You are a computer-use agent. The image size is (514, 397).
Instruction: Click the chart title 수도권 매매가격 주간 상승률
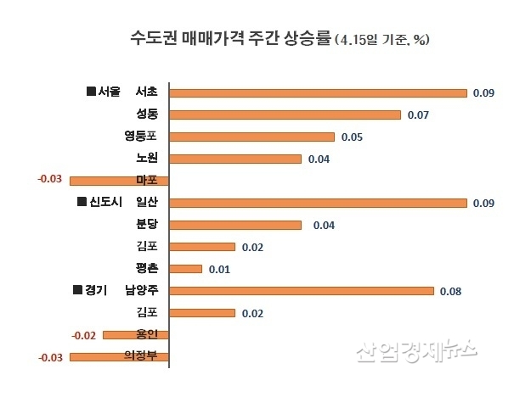pyautogui.click(x=230, y=38)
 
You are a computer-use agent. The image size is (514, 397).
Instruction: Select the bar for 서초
pyautogui.click(x=319, y=92)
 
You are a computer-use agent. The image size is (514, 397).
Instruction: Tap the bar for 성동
pyautogui.click(x=285, y=115)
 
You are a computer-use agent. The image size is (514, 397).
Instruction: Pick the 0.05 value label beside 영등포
pyautogui.click(x=352, y=137)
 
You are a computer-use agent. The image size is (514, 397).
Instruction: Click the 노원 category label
pyautogui.click(x=146, y=159)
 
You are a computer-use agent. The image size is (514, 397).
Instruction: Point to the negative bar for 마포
pyautogui.click(x=119, y=180)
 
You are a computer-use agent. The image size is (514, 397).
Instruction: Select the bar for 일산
pyautogui.click(x=319, y=203)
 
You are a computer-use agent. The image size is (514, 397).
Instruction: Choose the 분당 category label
pyautogui.click(x=146, y=225)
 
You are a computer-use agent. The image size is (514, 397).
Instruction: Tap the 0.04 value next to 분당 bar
pyautogui.click(x=324, y=225)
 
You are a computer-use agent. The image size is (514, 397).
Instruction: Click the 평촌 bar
pyautogui.click(x=186, y=269)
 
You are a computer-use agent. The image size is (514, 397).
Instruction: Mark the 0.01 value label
pyautogui.click(x=219, y=269)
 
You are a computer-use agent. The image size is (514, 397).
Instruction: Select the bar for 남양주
pyautogui.click(x=302, y=291)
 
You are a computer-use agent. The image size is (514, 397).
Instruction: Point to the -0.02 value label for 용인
pyautogui.click(x=84, y=335)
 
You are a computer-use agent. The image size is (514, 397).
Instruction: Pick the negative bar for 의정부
pyautogui.click(x=119, y=356)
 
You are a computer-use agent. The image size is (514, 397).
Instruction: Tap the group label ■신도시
pyautogui.click(x=99, y=203)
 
